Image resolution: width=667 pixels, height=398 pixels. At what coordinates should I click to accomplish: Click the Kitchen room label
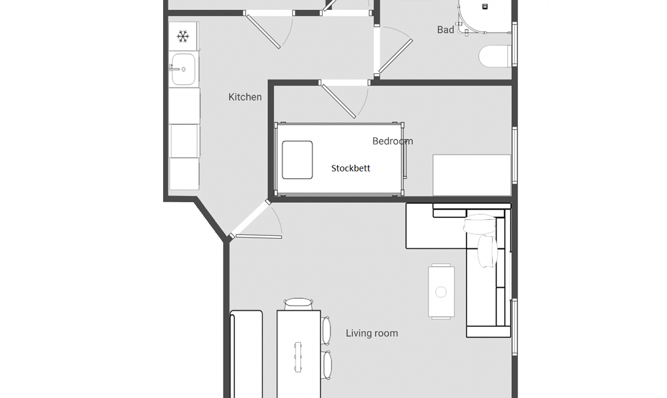[x=245, y=97]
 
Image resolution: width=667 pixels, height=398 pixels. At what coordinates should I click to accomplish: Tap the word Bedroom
[x=392, y=141]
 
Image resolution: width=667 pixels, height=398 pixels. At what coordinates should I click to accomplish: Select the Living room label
[x=372, y=334]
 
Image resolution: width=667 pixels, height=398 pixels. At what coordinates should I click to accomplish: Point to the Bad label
[x=445, y=30]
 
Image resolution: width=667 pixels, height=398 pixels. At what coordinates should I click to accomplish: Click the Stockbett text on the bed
[x=351, y=168]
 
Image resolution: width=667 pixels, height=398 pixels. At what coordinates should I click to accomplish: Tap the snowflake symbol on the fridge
[x=183, y=37]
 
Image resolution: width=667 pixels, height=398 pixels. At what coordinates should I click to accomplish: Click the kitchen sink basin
[x=184, y=69]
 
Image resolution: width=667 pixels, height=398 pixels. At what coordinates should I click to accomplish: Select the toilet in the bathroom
[x=495, y=56]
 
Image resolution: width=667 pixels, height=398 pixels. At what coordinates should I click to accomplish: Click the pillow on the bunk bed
[x=297, y=160]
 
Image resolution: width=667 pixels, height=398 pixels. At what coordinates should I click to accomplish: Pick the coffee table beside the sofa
[x=441, y=291]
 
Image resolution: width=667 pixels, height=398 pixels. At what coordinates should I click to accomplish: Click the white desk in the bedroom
[x=472, y=175]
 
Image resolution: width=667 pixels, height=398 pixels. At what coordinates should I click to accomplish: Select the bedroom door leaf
[x=338, y=101]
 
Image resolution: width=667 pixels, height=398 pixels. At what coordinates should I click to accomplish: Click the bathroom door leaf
[x=395, y=56]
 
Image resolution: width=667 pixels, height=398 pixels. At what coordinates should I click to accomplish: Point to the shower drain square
[x=484, y=6]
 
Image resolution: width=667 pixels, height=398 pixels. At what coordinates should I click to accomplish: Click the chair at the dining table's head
[x=298, y=304]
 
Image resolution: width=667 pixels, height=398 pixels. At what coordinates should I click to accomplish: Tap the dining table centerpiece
[x=298, y=357]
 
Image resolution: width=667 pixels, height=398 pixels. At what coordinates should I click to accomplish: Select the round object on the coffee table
[x=441, y=292]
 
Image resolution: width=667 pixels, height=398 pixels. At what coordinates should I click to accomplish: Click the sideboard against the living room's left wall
[x=246, y=355]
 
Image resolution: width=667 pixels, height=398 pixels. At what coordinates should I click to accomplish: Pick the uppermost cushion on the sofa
[x=480, y=224]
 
